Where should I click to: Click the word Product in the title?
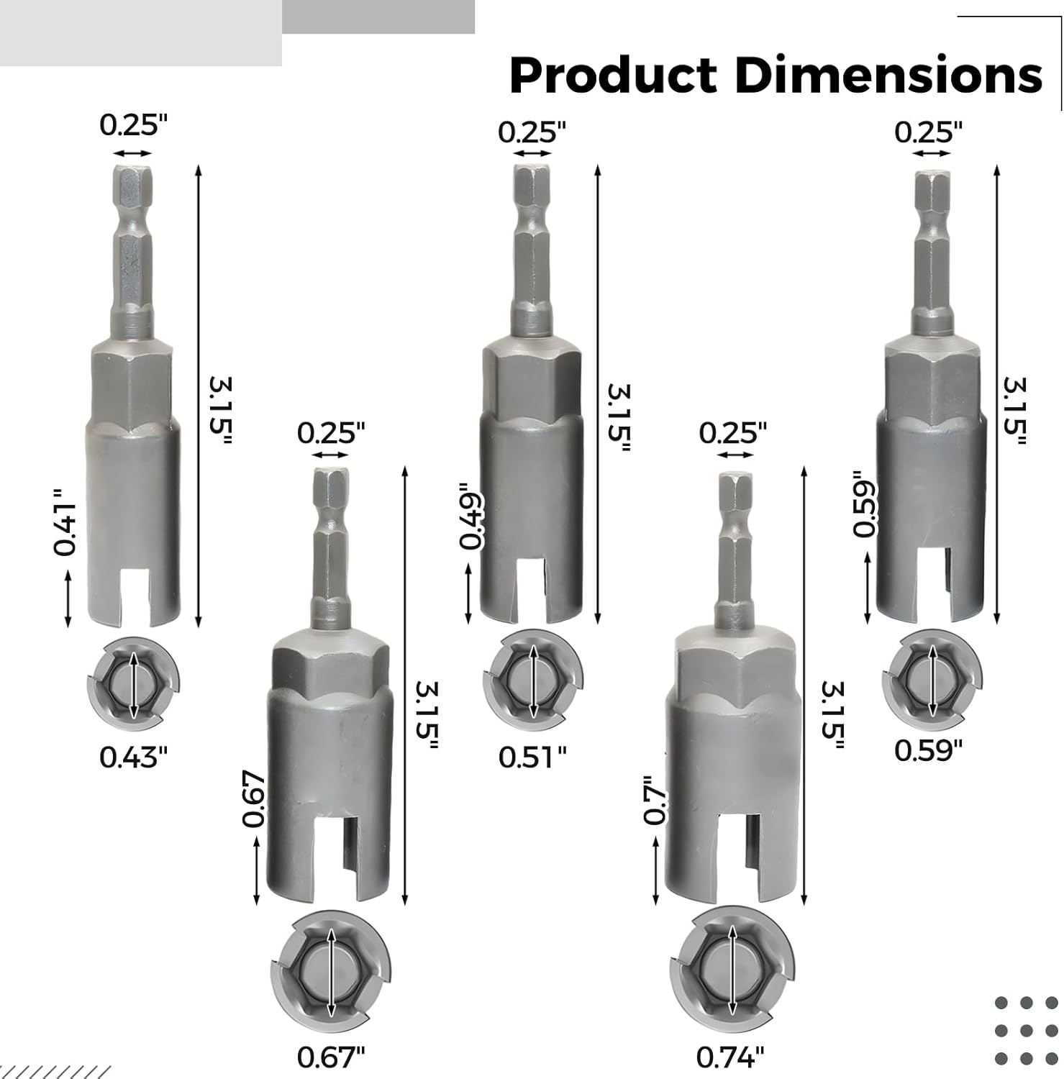click(x=613, y=76)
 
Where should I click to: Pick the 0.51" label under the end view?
click(x=532, y=757)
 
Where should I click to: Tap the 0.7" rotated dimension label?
click(x=655, y=800)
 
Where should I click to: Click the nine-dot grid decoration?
click(x=1027, y=1030)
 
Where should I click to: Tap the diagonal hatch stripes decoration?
click(x=54, y=1071)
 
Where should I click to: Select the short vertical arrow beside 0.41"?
click(x=68, y=598)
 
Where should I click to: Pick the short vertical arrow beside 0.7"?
click(x=655, y=871)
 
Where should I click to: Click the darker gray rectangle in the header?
click(x=378, y=17)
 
